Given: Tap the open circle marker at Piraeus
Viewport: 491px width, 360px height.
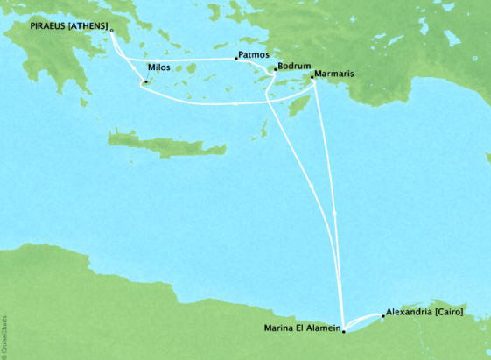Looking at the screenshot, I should click(x=111, y=30).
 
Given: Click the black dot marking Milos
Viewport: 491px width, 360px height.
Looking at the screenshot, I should click(x=146, y=84).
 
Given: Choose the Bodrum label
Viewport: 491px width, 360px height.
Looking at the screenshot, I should click(x=293, y=67).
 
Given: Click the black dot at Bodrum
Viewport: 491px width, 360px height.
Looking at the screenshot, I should click(x=275, y=69).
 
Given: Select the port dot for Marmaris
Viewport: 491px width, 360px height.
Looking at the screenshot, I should click(x=314, y=77).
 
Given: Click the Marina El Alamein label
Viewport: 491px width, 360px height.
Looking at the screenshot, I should click(x=301, y=329).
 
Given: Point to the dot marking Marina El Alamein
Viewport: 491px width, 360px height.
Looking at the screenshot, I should click(x=343, y=331).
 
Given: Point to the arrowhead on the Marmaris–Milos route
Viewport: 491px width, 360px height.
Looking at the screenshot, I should click(x=238, y=103).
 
